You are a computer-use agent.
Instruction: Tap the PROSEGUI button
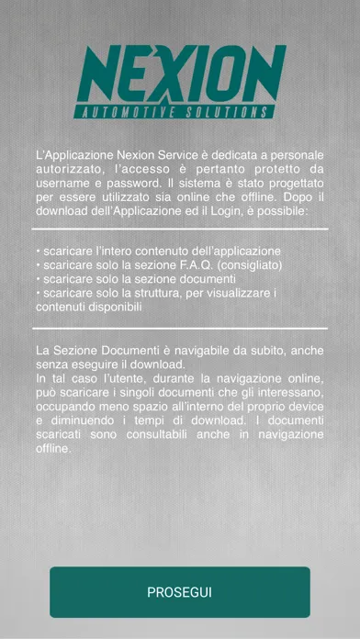pyautogui.click(x=180, y=591)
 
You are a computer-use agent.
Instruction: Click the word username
pyautogui.click(x=63, y=183)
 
